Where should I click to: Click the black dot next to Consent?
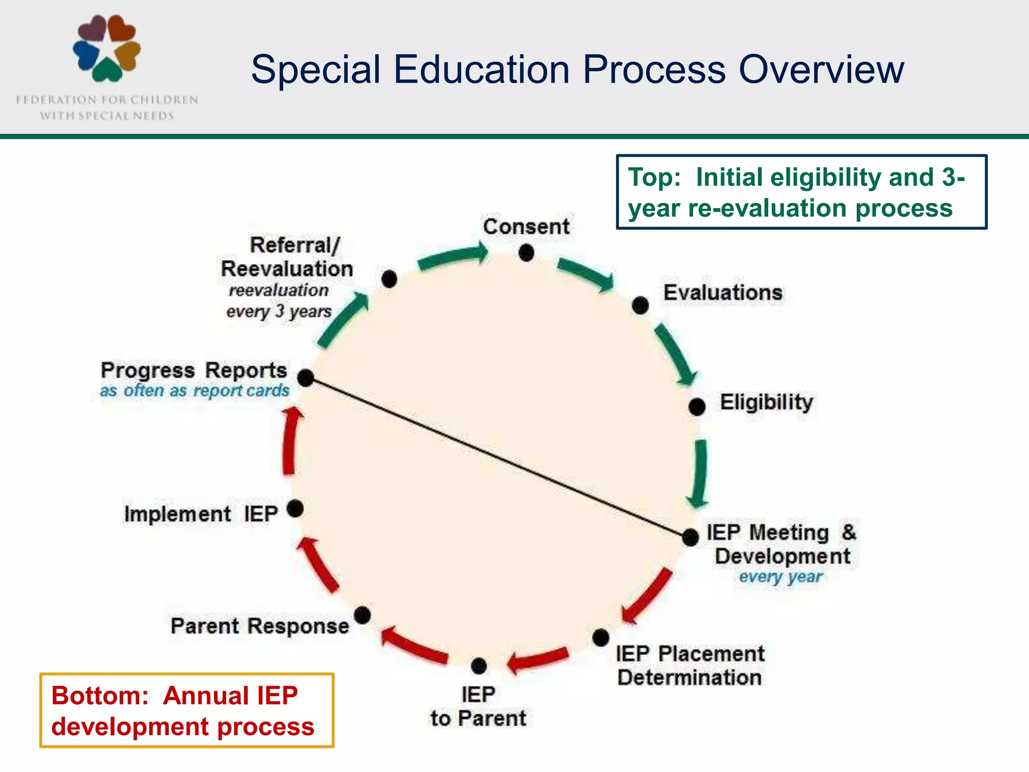click(526, 252)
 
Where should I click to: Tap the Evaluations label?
click(723, 293)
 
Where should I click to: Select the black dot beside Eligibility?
click(697, 406)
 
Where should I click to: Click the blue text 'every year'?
click(780, 577)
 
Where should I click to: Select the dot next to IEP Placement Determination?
click(600, 638)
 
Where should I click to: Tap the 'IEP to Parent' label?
click(478, 706)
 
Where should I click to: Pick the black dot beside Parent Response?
click(362, 615)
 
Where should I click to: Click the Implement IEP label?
click(201, 514)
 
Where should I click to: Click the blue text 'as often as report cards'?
click(194, 391)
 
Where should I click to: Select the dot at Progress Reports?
click(305, 377)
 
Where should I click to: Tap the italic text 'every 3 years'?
click(279, 312)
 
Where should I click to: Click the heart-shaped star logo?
click(107, 48)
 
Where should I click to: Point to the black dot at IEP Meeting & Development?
click(690, 537)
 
